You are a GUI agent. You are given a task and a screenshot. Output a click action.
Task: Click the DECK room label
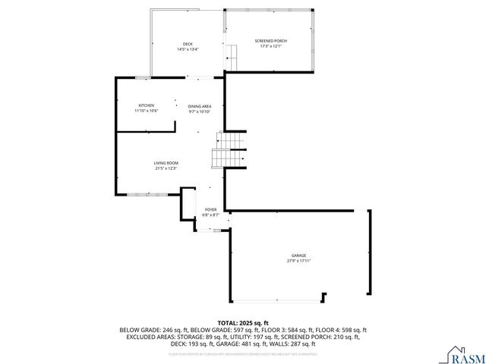(188, 44)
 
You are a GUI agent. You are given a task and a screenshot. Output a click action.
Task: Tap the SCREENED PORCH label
(270, 41)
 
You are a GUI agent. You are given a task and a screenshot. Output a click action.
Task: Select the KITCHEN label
(147, 105)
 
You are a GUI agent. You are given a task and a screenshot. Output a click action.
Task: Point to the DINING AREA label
(200, 106)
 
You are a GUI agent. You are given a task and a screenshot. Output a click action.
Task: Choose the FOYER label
(210, 209)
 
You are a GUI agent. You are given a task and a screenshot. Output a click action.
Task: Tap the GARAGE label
(299, 256)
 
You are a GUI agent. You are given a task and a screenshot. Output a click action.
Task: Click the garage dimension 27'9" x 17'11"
(299, 261)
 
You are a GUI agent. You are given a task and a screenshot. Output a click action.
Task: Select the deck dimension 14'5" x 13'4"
(188, 49)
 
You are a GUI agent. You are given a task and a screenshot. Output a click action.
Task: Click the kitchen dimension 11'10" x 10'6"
(147, 111)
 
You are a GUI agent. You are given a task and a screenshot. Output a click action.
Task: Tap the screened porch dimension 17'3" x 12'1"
(270, 46)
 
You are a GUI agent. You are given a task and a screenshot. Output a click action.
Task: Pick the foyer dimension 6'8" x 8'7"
(210, 215)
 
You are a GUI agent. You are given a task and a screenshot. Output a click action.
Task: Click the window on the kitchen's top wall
(142, 77)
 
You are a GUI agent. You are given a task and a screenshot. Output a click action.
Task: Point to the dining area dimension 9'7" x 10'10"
(200, 111)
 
